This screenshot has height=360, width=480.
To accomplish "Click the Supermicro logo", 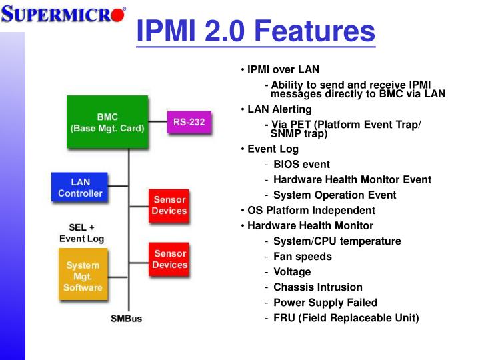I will [x=63, y=13].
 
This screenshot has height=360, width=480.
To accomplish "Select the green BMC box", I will [x=107, y=122].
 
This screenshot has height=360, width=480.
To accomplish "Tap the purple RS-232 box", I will [x=189, y=122].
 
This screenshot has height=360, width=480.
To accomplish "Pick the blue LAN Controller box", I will [x=80, y=187].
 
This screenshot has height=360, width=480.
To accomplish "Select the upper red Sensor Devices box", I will [x=169, y=206].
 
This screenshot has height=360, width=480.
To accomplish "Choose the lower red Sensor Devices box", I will [x=169, y=259].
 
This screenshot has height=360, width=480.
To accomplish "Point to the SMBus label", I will [x=126, y=319].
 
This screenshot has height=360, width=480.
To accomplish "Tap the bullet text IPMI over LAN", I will [x=283, y=69].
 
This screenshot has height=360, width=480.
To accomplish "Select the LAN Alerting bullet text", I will [x=279, y=109].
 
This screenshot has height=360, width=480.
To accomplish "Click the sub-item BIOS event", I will [x=301, y=164].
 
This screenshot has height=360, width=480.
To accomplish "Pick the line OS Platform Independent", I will [x=311, y=210].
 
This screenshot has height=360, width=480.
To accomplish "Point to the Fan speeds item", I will [x=302, y=256].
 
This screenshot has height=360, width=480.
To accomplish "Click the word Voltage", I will [x=292, y=271].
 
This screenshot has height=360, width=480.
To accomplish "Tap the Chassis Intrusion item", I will [x=318, y=287].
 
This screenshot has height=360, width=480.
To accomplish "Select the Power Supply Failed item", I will [x=325, y=302].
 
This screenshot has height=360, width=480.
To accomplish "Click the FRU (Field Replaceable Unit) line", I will [x=346, y=317].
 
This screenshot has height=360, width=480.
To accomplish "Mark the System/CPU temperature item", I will [x=337, y=241].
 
